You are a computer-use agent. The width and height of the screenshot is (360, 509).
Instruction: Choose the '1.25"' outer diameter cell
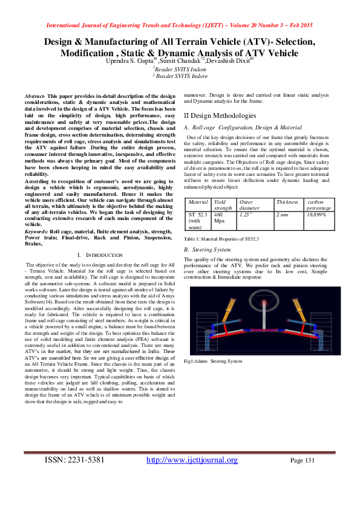point(244,214)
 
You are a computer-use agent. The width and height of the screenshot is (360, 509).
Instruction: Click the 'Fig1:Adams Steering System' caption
point(212,361)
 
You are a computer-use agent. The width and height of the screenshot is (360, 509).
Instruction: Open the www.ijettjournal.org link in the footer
point(192,460)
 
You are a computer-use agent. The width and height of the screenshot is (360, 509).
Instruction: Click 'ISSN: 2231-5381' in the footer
point(75,460)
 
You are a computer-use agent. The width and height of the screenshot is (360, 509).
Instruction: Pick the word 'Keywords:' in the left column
point(36,232)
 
